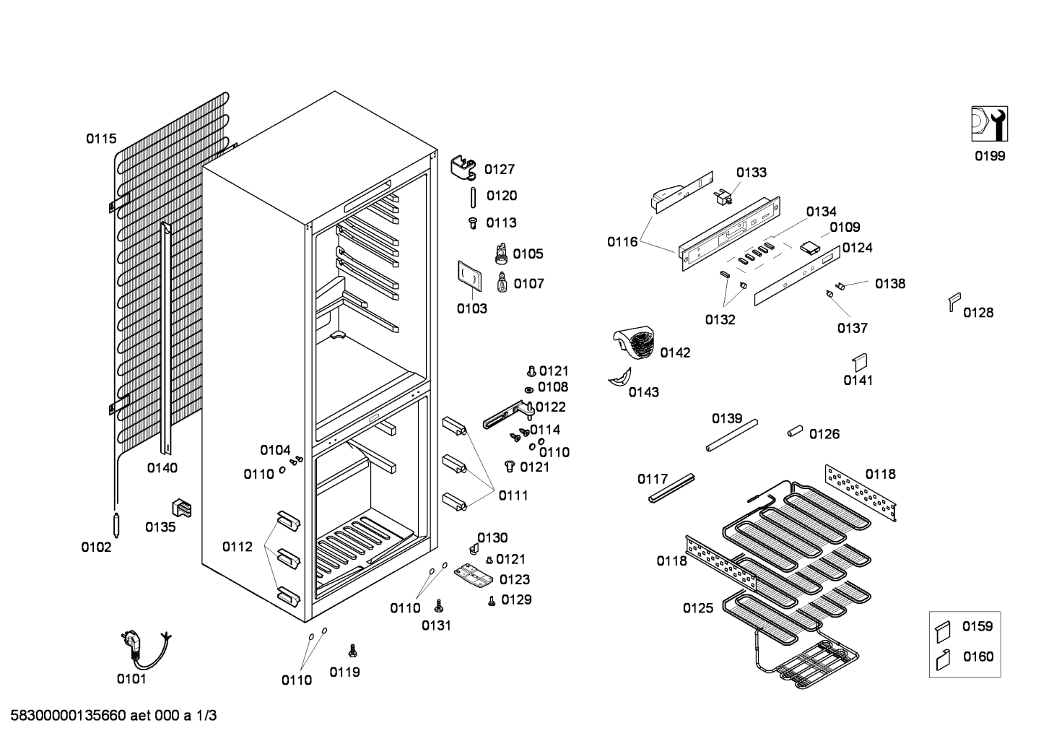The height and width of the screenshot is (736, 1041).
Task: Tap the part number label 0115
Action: pos(101,139)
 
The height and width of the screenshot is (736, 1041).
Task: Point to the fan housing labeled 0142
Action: pos(634,344)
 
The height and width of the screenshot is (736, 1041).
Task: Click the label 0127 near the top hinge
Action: pos(500,169)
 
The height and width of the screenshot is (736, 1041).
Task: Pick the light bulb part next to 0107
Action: pos(502,282)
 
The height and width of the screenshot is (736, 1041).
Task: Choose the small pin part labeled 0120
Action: pos(473,197)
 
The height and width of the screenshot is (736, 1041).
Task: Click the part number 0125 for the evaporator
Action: pos(697,607)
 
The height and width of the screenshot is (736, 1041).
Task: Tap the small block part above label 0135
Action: pos(181,508)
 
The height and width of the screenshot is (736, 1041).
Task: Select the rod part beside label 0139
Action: pos(732,436)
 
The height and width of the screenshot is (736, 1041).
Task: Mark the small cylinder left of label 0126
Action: pos(795,431)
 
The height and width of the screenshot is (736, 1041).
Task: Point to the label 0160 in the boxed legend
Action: pos(978,657)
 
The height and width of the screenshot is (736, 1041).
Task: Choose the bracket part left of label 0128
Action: pos(954,302)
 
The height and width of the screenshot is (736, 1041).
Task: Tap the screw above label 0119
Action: pos(352,651)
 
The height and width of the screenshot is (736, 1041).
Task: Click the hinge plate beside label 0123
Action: pos(474,576)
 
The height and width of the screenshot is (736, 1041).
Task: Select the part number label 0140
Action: pos(162,468)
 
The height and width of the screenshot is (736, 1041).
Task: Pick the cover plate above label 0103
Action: pos(469,276)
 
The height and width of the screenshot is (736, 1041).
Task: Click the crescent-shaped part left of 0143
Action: pos(620,377)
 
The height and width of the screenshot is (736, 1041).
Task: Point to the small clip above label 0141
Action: pos(860,363)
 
